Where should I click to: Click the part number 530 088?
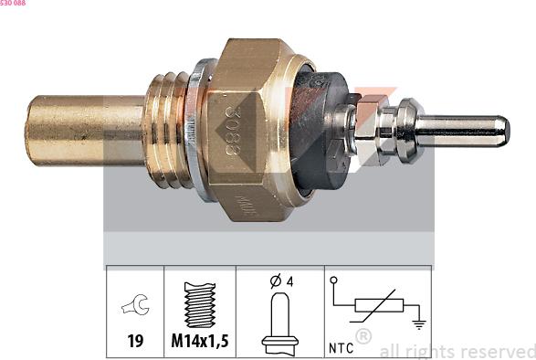(x=13, y=4)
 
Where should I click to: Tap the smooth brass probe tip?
(x=82, y=130)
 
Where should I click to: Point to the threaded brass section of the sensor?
(x=168, y=130)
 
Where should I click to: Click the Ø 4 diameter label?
(x=280, y=281)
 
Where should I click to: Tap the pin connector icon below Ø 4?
(x=279, y=324)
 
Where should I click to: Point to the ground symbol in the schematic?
(x=417, y=323)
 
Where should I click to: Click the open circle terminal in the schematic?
(x=334, y=281)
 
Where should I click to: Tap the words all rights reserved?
(x=457, y=351)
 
